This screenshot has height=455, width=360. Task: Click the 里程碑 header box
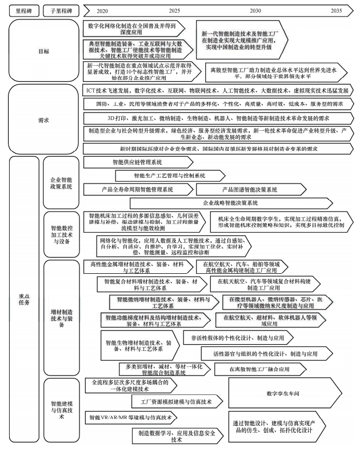tap(23, 10)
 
